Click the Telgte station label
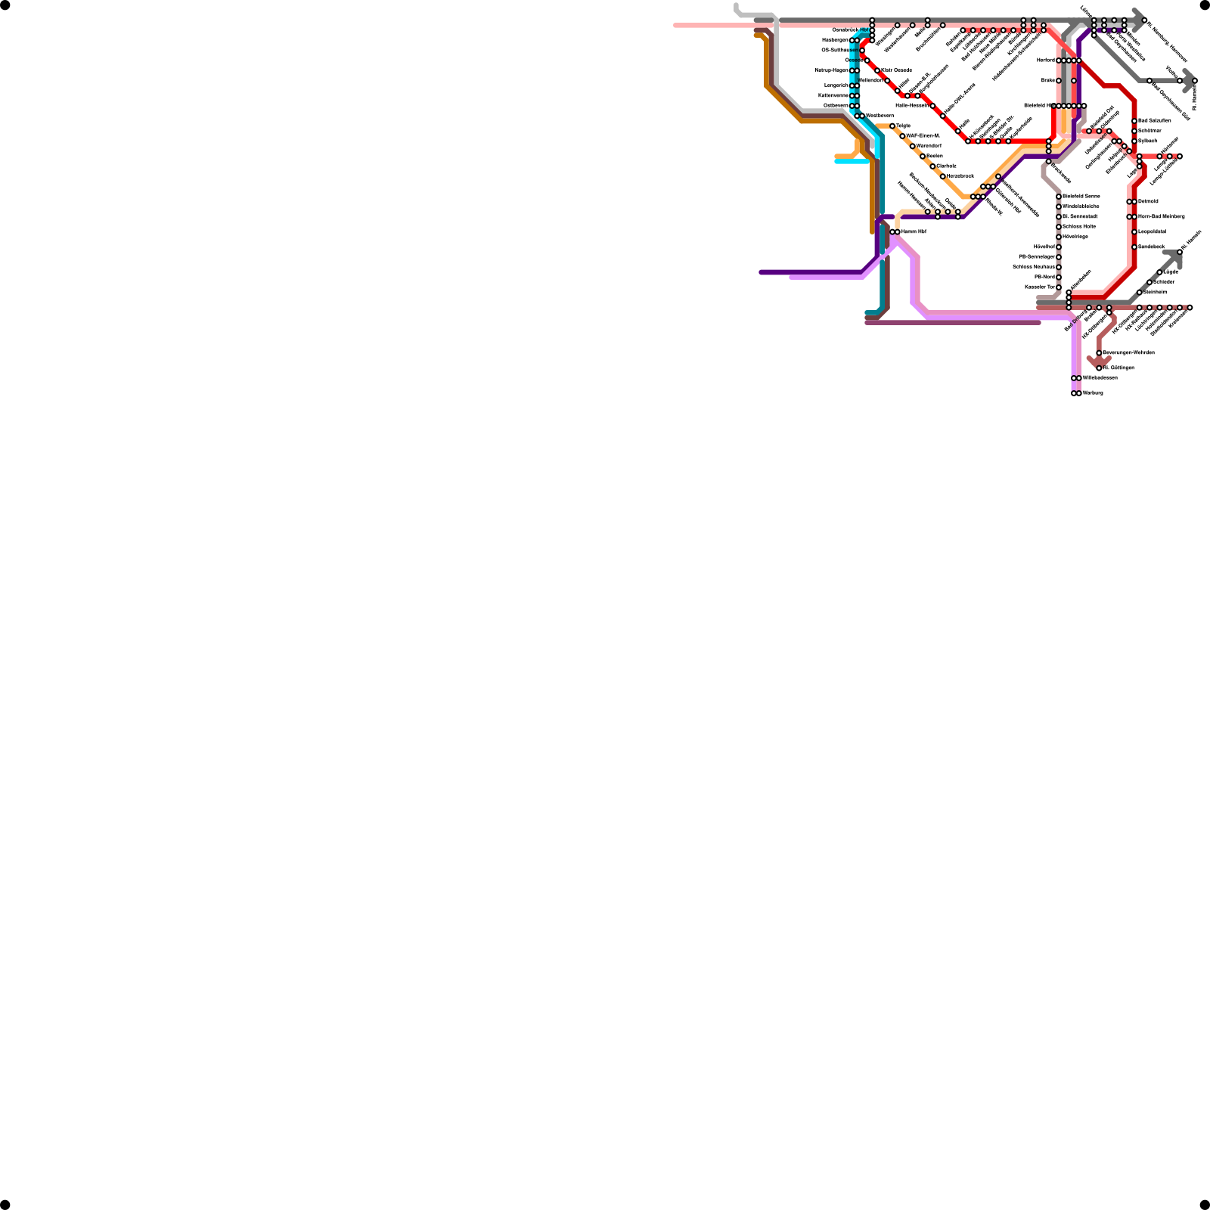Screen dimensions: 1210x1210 pos(903,126)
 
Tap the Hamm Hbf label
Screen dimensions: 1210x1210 pos(914,231)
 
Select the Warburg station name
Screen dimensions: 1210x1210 pos(1093,393)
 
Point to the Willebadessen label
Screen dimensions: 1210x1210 pos(1100,378)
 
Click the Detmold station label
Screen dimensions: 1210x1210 pos(1148,202)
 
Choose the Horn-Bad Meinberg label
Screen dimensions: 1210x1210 pos(1161,217)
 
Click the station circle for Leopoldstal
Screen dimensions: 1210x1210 pos(1134,232)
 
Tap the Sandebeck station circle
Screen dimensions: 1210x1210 pos(1134,247)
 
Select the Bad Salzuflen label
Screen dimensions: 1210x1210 pos(1154,121)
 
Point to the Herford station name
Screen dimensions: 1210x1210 pos(1045,60)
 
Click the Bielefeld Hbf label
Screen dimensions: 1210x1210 pos(1038,106)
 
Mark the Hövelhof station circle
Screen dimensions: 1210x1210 pos(1059,247)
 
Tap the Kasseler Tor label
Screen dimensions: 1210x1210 pos(1039,287)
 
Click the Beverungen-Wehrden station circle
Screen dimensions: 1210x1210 pos(1099,353)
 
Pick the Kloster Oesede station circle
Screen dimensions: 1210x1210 pos(877,70)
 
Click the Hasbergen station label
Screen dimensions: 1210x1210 pos(835,40)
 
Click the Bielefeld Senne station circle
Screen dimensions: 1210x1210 pos(1059,197)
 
